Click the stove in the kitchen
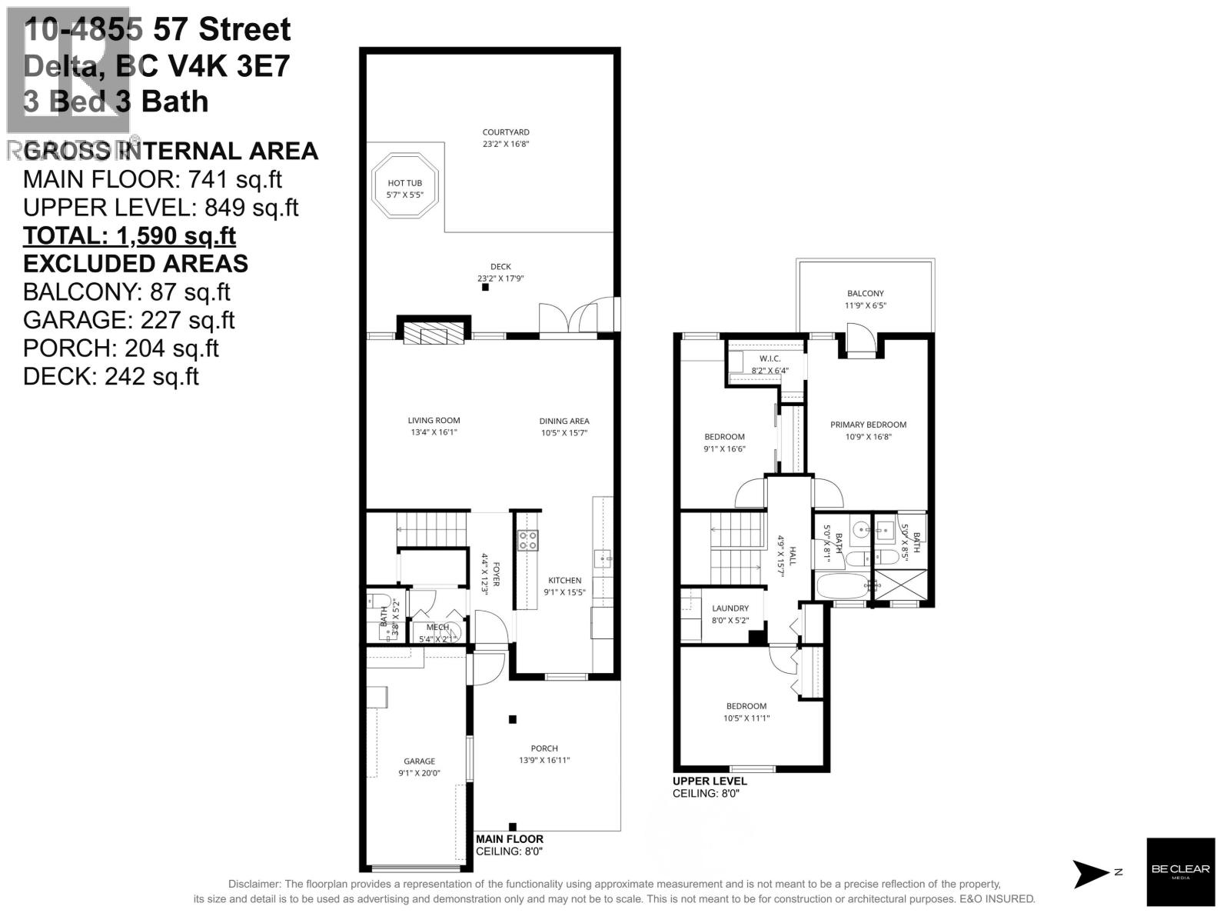tap(527, 540)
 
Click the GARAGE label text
tap(419, 761)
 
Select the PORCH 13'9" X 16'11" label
tap(544, 754)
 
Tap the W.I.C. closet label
tap(770, 359)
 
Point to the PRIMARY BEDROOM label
tap(868, 425)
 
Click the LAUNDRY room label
tap(730, 608)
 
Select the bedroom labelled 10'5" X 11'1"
tap(746, 711)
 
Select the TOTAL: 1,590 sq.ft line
tap(129, 235)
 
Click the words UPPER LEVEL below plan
tap(709, 781)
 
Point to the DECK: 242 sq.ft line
tap(111, 376)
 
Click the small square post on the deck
tap(485, 288)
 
